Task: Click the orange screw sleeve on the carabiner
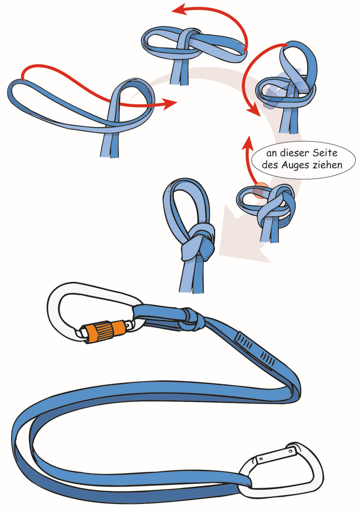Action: [x=105, y=331]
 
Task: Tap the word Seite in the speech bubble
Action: [x=325, y=153]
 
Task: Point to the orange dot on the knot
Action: [x=260, y=191]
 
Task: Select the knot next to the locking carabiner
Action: [x=192, y=319]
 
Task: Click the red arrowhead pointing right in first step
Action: [x=170, y=104]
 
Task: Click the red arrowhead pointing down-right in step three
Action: [x=254, y=110]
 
